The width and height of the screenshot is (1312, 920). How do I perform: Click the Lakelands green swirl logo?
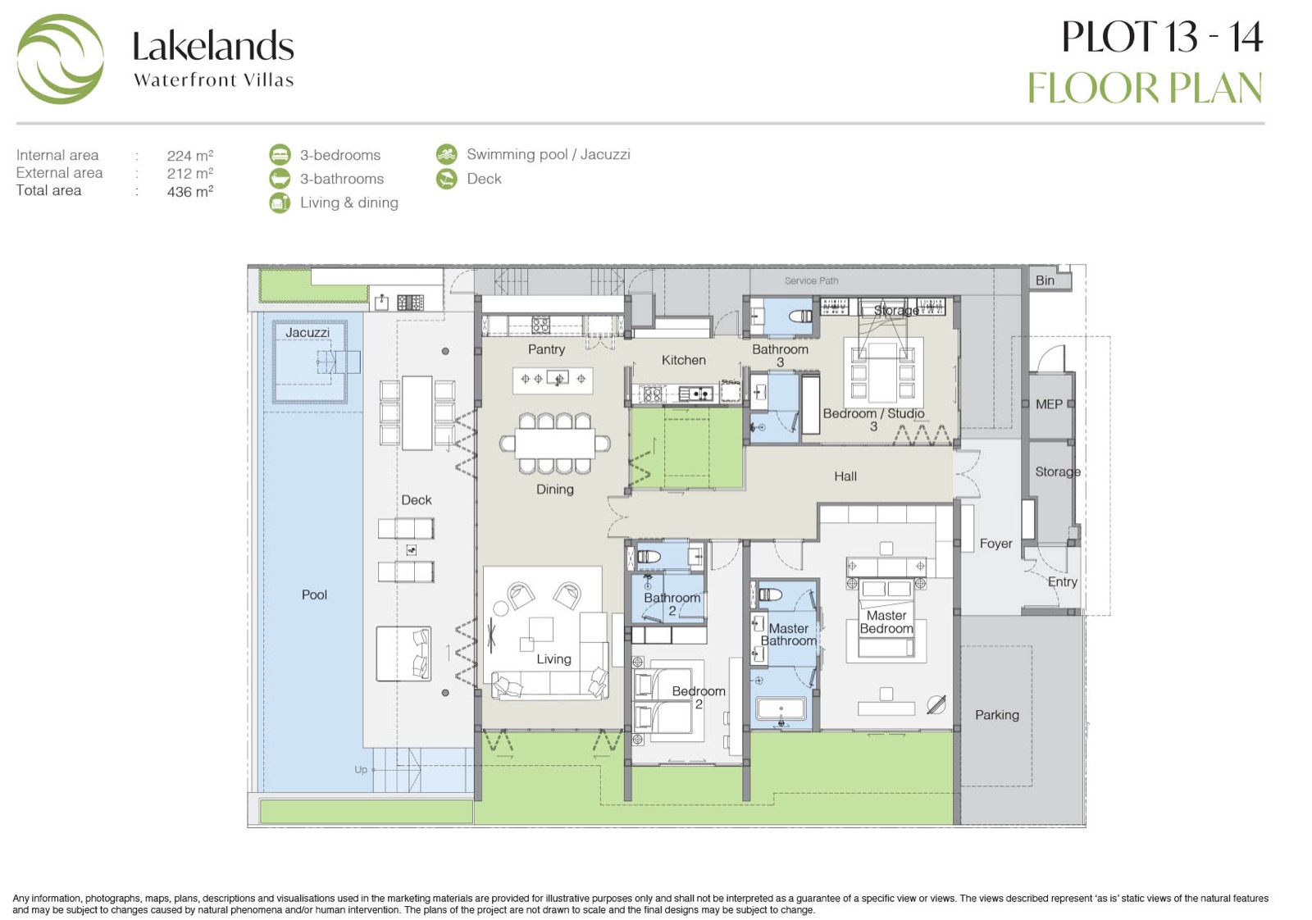point(61,59)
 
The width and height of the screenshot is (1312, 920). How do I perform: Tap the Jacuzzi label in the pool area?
point(307,333)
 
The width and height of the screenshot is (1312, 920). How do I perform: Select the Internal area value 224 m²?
point(189,155)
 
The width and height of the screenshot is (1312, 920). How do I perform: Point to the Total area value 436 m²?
point(189,192)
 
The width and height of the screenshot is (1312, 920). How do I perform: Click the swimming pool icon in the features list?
point(447,155)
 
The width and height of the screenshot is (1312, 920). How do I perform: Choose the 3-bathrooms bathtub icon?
point(280,179)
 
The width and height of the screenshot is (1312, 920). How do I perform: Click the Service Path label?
point(811,281)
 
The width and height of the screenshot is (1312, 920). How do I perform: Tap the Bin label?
point(1045,280)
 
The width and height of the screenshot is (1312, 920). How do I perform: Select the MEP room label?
point(1049,404)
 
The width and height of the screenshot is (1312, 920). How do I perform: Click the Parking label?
point(997,715)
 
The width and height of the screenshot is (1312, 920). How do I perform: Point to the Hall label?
point(845,476)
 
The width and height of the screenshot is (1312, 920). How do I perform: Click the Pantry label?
point(546,349)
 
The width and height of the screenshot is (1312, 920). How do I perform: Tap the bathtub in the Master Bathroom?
point(781,708)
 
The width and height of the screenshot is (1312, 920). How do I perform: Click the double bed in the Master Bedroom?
point(886,618)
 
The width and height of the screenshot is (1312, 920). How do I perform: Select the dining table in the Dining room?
point(554,444)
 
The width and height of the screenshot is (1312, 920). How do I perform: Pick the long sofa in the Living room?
point(549,683)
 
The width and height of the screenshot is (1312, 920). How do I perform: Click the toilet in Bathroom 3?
point(799,317)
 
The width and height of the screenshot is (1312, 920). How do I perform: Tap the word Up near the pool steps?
point(361,769)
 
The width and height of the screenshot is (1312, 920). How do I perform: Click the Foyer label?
point(995,544)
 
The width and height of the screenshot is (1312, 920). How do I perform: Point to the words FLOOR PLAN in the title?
point(1145,89)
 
